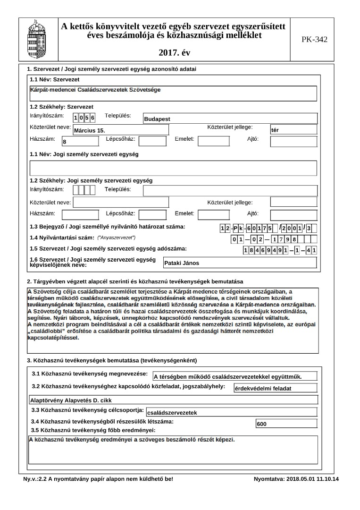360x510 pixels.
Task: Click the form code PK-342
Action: (x=314, y=39)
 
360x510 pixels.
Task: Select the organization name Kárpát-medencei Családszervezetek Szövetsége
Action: (x=95, y=90)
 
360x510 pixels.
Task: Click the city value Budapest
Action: (x=157, y=119)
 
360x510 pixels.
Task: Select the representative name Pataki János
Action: (x=182, y=263)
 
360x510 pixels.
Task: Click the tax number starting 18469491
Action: (x=280, y=250)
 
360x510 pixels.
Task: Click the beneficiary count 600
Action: (x=262, y=424)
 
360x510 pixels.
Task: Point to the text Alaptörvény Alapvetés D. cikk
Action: (x=67, y=400)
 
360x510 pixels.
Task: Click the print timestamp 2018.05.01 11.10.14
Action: (x=296, y=479)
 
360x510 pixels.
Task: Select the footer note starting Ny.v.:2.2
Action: (x=98, y=479)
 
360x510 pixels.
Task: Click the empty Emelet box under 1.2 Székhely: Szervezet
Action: (x=213, y=141)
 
